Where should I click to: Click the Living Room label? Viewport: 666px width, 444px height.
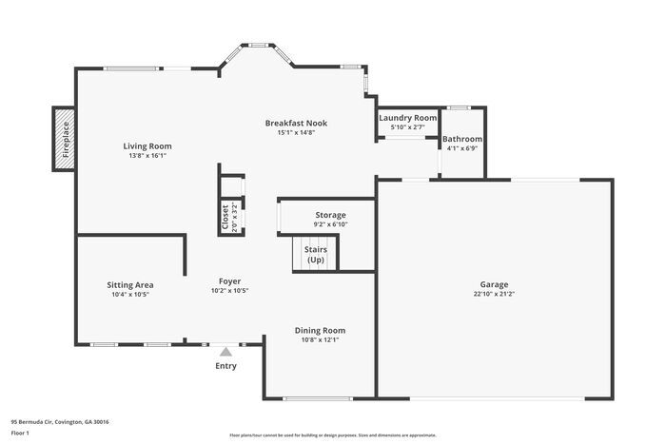(x=147, y=145)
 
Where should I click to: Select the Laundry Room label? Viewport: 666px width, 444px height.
(x=407, y=118)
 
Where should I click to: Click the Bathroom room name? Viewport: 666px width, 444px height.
(x=463, y=139)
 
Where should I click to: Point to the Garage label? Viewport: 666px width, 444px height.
(x=494, y=284)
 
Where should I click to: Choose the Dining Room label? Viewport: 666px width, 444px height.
(x=320, y=330)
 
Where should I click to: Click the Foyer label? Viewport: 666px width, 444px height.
(x=229, y=281)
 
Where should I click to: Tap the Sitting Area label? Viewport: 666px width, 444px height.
(x=130, y=284)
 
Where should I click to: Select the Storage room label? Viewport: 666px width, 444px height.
(x=330, y=215)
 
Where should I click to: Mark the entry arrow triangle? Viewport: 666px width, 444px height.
(x=225, y=352)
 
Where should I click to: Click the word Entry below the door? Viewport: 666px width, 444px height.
(x=225, y=366)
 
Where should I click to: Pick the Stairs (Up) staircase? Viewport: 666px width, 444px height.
(x=315, y=254)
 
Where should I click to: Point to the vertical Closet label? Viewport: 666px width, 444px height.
(x=225, y=217)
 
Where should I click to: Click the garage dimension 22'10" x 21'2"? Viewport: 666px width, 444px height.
(x=494, y=294)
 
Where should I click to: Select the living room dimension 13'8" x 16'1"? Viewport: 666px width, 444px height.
(x=147, y=156)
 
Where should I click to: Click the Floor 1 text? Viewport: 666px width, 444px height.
(x=20, y=433)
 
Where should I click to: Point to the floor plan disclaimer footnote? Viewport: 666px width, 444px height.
(x=332, y=434)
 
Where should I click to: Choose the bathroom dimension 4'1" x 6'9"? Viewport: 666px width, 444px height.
(x=463, y=148)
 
